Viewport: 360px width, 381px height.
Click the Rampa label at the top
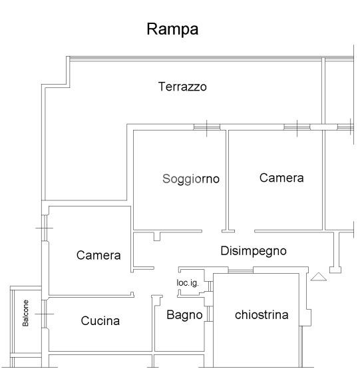[x=172, y=29]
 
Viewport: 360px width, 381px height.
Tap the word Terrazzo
[x=182, y=87]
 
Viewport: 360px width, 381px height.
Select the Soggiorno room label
[x=191, y=179]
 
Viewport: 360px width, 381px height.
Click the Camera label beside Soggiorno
[x=281, y=178]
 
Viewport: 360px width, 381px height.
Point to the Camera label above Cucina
[x=98, y=255]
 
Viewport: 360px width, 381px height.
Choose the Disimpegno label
[x=254, y=251]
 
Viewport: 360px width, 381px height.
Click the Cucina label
[x=100, y=321]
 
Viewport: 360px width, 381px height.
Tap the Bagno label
[x=184, y=315]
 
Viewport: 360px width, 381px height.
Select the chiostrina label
[x=262, y=315]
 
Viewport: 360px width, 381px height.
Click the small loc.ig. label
[x=188, y=283]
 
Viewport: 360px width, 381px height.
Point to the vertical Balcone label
[x=25, y=313]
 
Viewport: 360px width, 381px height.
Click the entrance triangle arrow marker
[x=319, y=277]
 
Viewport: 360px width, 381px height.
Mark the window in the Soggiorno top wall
[x=207, y=127]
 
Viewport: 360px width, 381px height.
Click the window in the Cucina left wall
[x=45, y=314]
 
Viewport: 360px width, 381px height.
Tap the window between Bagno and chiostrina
[x=210, y=314]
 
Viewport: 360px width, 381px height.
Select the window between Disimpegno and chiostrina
[x=241, y=270]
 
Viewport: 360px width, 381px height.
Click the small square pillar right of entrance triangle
[x=335, y=270]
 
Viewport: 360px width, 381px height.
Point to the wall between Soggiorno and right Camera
[x=227, y=180]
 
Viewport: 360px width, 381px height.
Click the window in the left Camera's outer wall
[x=45, y=228]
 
